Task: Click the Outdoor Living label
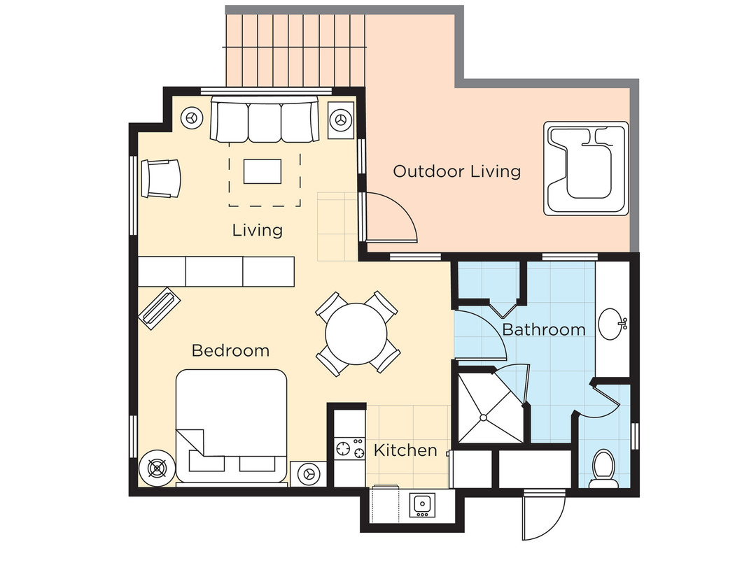456,171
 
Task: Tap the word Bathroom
543,329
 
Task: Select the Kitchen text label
405,450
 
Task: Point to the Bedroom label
230,350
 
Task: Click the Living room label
258,230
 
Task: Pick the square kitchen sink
422,504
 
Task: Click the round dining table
357,333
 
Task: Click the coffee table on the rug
262,171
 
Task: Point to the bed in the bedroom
231,427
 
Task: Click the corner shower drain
483,418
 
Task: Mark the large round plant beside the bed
155,466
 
